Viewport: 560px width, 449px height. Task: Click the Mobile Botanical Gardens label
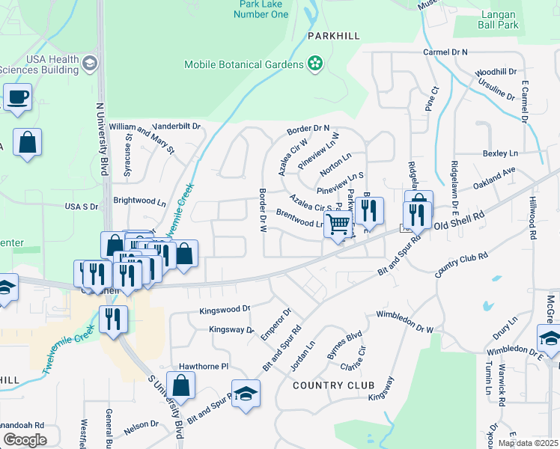(243, 64)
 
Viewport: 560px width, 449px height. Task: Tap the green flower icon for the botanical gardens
(315, 64)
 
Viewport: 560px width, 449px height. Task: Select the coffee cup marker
(17, 97)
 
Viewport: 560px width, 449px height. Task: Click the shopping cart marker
(338, 224)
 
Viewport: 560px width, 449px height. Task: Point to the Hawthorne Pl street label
(202, 367)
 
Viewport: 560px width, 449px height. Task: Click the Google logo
(25, 439)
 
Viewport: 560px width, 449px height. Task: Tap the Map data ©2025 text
(528, 443)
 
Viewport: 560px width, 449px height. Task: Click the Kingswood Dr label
(225, 308)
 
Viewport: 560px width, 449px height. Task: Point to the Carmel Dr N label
(445, 52)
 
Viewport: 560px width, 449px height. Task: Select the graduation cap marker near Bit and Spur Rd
(245, 394)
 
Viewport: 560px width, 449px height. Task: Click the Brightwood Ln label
(139, 201)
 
